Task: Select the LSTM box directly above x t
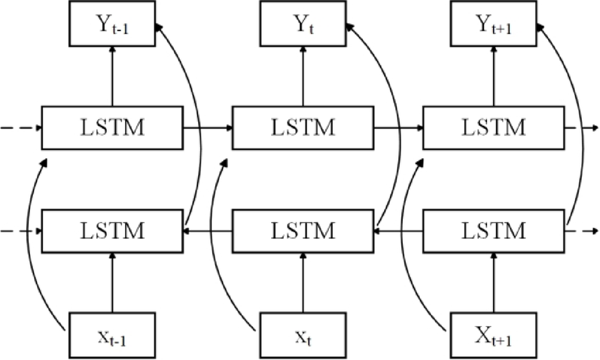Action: tap(303, 230)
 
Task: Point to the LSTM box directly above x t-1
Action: tap(112, 230)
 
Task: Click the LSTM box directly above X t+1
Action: tap(495, 230)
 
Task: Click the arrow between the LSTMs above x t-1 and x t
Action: tap(208, 230)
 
